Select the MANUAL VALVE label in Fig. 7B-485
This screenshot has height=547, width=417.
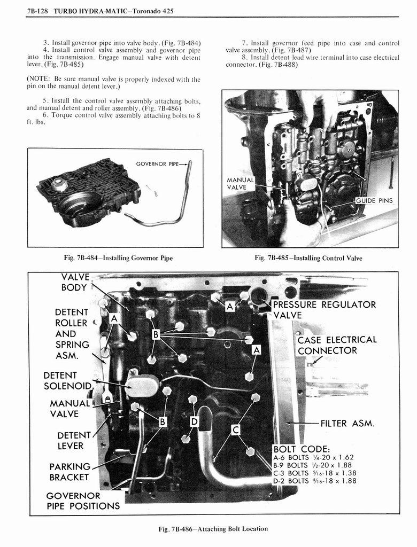pos(237,184)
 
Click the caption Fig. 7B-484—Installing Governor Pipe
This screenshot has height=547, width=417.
pos(118,258)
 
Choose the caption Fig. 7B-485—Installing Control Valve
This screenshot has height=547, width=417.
pos(308,258)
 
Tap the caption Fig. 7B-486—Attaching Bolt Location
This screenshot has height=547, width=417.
pos(213,529)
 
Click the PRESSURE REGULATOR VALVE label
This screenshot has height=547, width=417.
pos(325,310)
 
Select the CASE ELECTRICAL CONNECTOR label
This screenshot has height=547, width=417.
pos(337,345)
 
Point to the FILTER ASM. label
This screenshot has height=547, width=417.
pos(347,424)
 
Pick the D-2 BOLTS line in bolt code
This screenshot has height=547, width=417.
pos(314,481)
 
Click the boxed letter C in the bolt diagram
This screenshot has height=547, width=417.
pos(235,428)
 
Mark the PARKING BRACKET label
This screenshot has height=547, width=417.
pos(69,472)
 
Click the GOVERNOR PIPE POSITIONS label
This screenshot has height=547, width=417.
pos(82,501)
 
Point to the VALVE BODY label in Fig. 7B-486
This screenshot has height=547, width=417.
pos(74,282)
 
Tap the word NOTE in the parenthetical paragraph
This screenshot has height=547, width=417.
pos(39,80)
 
